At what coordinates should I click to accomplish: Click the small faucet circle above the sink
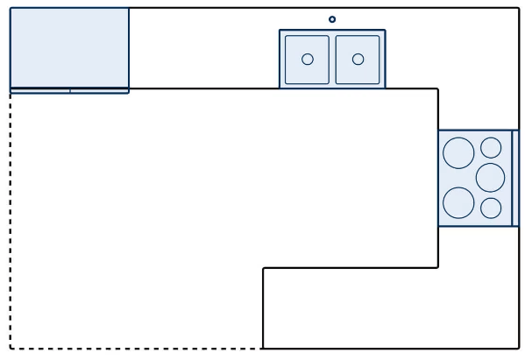pos(332,19)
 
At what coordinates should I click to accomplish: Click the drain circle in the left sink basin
pos(308,60)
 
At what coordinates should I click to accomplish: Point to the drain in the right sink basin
pos(358,60)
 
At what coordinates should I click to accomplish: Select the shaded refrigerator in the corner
pos(69,47)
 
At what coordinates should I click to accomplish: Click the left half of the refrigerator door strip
pos(40,90)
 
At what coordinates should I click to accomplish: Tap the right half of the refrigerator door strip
pos(99,90)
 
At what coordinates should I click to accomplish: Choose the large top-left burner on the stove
pos(458,153)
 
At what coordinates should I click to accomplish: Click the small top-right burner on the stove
pos(491,148)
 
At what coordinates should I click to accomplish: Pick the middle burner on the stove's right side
pos(491,178)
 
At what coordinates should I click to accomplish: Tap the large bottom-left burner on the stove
pos(458,203)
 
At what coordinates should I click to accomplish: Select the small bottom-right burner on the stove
pos(491,208)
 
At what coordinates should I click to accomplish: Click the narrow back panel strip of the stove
pos(515,178)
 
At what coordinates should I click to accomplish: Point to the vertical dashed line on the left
pos(11,219)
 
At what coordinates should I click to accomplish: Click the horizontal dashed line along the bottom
pos(136,349)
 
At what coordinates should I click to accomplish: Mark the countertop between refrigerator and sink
pos(203,48)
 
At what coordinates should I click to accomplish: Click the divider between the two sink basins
pos(332,60)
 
